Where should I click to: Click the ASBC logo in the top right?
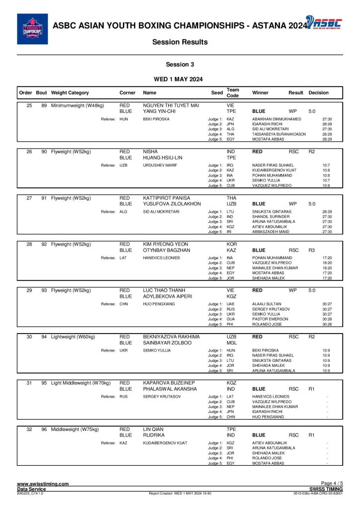pos(323,23)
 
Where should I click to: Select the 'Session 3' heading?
pos(180,64)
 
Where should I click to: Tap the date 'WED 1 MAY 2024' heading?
pos(180,79)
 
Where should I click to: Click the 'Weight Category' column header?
pos(70,93)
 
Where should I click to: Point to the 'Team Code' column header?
pos(233,93)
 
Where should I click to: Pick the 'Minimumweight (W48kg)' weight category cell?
pos(78,105)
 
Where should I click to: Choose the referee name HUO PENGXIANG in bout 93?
pos(157,304)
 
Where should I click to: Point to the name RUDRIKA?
pos(154,435)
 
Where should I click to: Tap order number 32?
pos(29,429)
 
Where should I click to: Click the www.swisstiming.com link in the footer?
pos(43,484)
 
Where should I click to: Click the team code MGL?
pos(231,343)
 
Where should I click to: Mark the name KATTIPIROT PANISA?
pos(167,198)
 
